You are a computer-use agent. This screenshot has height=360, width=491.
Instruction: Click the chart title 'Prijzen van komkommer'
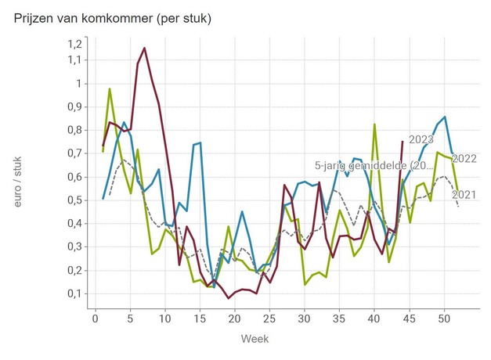tap(113, 17)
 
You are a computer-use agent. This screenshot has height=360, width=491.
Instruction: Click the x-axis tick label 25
tap(269, 319)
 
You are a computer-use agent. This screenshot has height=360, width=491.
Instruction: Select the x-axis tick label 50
tap(444, 319)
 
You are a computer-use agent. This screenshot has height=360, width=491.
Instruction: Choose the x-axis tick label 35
tap(339, 319)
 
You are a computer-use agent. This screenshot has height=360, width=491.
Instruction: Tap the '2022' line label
tap(464, 159)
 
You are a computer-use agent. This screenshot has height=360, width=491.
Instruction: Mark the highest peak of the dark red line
tap(145, 48)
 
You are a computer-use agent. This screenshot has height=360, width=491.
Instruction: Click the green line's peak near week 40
tap(374, 124)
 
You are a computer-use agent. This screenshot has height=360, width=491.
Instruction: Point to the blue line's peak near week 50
tap(445, 117)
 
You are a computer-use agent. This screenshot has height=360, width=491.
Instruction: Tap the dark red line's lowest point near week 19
tap(229, 298)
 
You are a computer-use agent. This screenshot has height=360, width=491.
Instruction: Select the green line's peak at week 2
tap(110, 88)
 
